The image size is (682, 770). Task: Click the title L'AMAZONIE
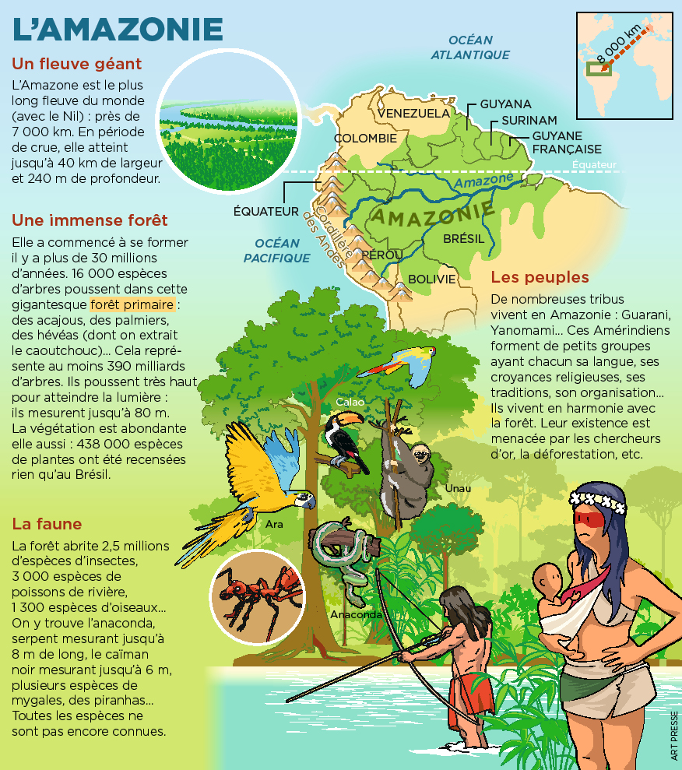pos(118,30)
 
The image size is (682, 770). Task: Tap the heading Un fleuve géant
pos(77,64)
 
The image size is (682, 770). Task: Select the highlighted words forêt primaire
pos(132,304)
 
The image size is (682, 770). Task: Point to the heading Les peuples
pos(540,277)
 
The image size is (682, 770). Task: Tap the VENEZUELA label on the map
pos(413,113)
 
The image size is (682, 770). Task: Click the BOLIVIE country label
pos(431,279)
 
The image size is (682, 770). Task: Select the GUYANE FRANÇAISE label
pos(567,142)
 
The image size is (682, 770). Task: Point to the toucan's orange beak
pos(350,420)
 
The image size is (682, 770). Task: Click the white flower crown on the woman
pos(598,499)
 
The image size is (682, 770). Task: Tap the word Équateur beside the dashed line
pos(593,164)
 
